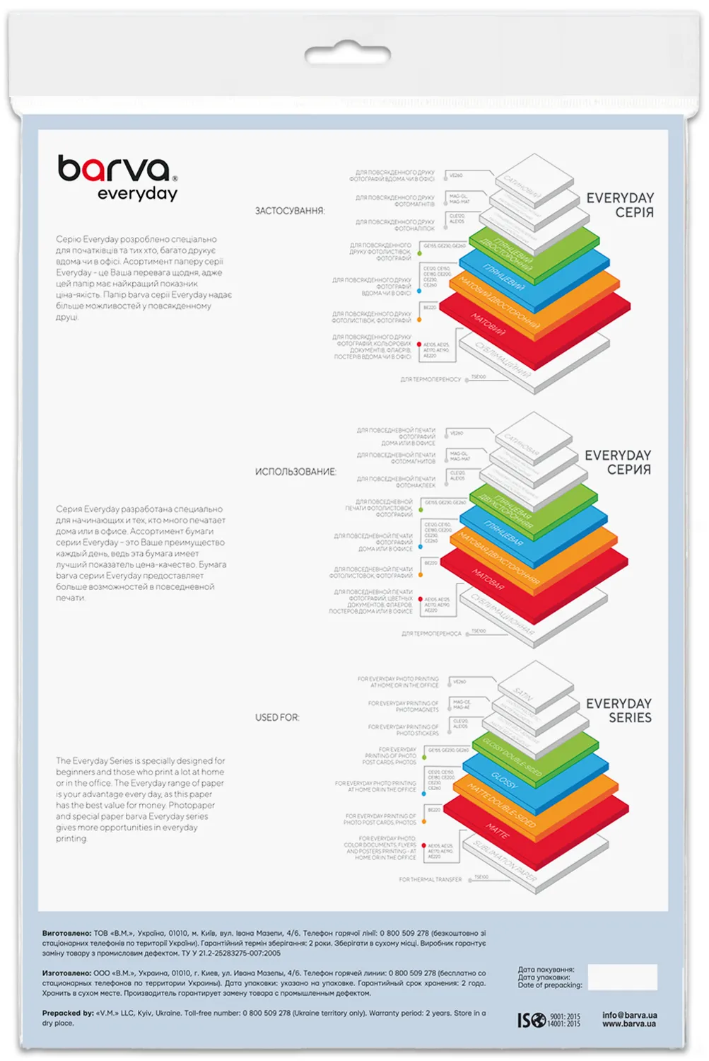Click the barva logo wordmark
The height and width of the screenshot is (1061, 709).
point(115,169)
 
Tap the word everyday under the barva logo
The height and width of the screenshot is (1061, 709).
point(137,194)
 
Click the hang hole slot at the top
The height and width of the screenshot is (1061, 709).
point(347,54)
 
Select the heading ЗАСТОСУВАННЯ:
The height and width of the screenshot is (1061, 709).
point(290,211)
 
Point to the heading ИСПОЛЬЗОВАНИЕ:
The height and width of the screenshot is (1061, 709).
point(295,472)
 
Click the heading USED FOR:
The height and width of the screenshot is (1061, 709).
point(277,717)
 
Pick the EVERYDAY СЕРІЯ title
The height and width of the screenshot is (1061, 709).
point(620,205)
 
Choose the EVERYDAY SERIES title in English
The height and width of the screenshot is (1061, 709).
point(619,710)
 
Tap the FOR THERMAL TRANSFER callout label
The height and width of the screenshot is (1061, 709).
point(430,879)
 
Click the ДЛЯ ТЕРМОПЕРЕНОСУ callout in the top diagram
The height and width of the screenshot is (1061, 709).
point(430,380)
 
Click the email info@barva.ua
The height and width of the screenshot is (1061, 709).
point(629,1015)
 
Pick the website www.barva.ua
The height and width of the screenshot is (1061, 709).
point(629,1024)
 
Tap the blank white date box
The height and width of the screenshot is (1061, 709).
point(622,977)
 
